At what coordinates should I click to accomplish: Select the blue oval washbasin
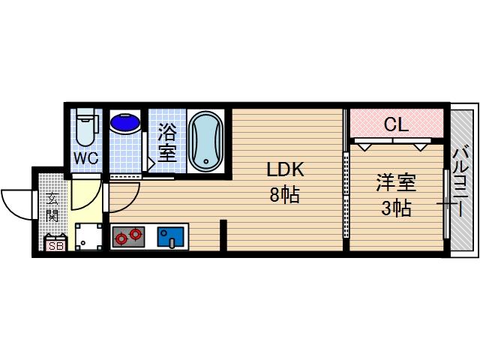click(x=124, y=121)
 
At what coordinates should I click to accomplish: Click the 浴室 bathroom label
click(x=166, y=142)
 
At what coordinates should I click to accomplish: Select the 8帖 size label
click(x=285, y=196)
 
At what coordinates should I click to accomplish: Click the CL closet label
click(x=396, y=124)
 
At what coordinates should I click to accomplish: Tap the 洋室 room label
click(x=396, y=182)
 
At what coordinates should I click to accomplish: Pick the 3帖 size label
click(x=396, y=208)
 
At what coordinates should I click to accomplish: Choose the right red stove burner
click(x=135, y=234)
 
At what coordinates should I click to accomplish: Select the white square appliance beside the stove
click(x=88, y=236)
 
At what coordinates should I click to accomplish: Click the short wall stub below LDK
click(x=223, y=235)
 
